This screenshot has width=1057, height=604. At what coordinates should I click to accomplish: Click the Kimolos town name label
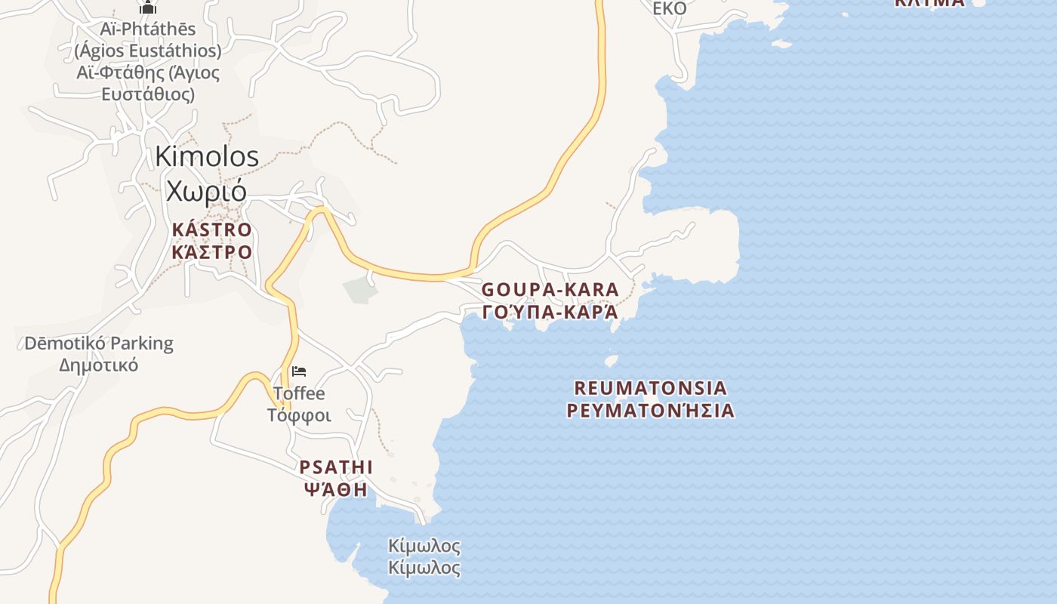tap(207, 156)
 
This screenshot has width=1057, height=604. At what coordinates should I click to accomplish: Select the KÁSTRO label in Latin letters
tap(211, 230)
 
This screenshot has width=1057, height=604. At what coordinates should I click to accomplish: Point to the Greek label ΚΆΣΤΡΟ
tap(211, 251)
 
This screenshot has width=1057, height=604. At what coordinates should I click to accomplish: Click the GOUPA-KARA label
tap(550, 289)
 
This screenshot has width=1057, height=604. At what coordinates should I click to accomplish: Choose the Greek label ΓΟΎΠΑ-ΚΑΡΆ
tap(550, 312)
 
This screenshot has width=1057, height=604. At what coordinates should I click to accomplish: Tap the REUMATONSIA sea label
tap(651, 388)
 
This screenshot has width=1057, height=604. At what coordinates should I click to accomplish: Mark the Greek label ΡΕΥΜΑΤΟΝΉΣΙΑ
tap(651, 411)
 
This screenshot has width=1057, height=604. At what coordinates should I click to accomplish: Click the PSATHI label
tap(337, 467)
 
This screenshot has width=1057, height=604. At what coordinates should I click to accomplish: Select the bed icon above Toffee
tap(299, 371)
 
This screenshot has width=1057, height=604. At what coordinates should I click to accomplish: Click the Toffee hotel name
tap(299, 393)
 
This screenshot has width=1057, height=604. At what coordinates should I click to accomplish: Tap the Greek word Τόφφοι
tap(299, 415)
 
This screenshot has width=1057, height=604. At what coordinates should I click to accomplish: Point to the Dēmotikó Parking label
tap(99, 344)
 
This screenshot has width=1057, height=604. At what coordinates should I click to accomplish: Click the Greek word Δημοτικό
tap(99, 365)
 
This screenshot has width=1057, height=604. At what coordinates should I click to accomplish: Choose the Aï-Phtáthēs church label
tap(148, 29)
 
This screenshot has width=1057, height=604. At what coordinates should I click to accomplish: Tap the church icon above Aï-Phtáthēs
tap(148, 8)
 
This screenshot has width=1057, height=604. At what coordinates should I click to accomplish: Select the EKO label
tap(670, 8)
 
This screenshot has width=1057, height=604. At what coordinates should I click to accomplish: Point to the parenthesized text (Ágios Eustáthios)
tap(148, 51)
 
